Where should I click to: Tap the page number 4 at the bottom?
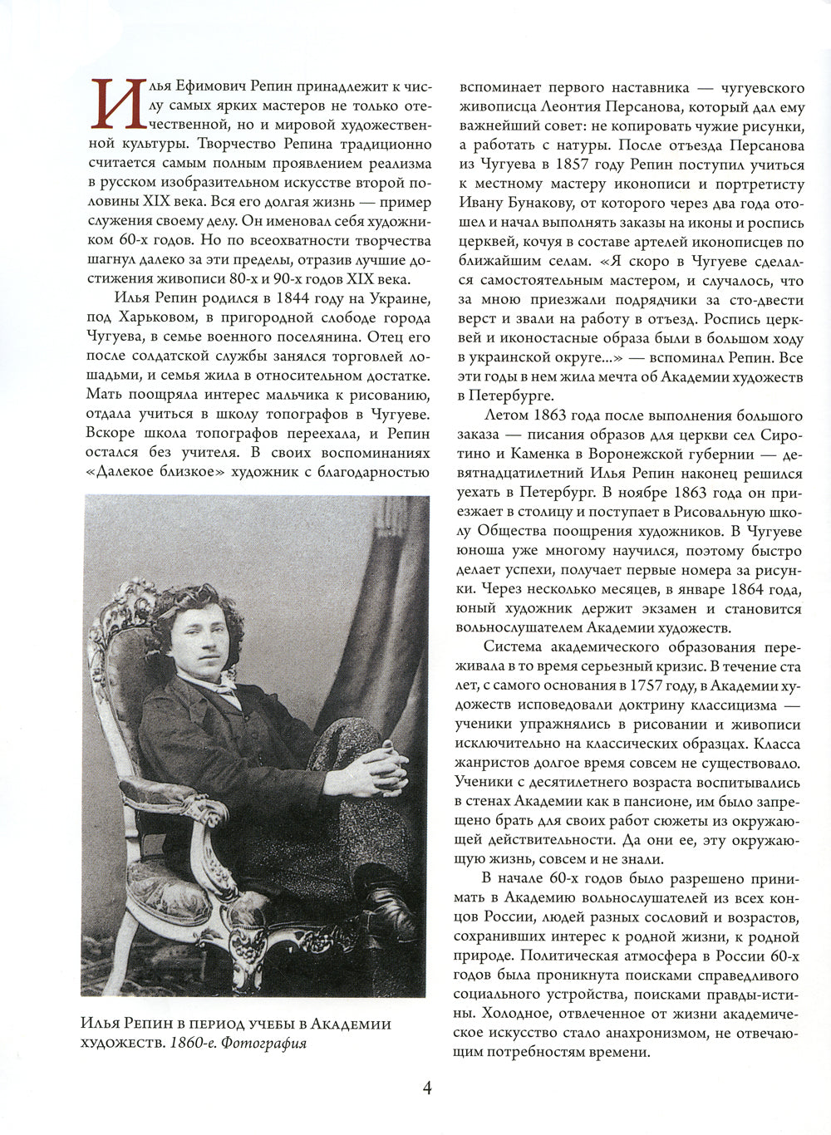427,1088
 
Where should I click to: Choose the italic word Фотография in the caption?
266,1043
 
